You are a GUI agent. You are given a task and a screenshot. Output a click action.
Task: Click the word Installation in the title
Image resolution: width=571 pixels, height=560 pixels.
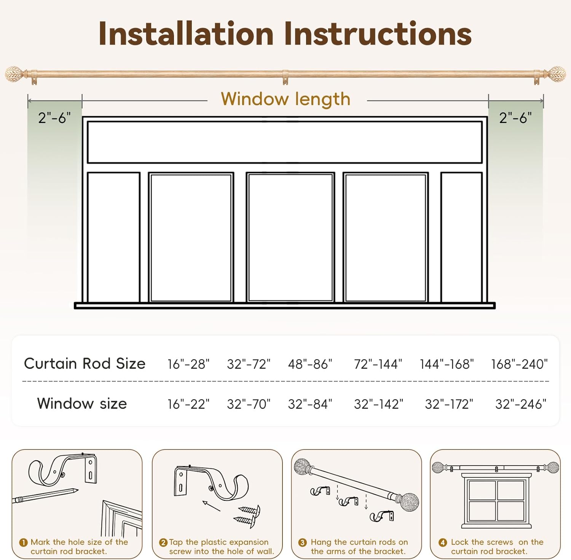186,34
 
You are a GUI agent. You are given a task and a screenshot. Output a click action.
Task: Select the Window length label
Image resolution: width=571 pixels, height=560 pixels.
285,99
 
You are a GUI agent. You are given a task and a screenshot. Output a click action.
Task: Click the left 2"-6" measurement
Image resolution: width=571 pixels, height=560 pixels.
54,118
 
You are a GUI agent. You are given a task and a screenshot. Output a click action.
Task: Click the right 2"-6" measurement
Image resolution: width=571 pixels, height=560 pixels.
515,118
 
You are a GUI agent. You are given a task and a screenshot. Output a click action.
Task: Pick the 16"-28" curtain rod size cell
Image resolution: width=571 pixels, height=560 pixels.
188,364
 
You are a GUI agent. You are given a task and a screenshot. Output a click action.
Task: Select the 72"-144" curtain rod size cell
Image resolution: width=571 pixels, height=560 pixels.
378,364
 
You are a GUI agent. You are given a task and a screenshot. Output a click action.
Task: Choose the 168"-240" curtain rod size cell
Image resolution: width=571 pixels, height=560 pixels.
519,364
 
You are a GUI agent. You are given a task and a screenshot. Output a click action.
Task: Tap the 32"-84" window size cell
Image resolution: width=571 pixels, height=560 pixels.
310,404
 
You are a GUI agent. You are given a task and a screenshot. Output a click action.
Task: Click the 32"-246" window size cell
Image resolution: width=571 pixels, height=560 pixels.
521,404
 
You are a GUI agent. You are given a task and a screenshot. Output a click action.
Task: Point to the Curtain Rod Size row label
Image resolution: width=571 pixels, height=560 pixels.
85,364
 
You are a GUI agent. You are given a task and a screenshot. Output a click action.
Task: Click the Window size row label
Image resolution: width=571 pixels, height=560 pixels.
82,403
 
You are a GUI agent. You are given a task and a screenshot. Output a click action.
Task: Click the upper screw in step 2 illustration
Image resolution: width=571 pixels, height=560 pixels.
249,509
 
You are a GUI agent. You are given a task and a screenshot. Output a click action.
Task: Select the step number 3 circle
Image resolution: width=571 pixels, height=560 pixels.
303,542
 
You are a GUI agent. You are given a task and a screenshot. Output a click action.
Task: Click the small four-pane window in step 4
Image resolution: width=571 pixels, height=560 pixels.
496,501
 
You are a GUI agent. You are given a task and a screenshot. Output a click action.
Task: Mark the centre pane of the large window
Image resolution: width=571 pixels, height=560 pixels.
290,237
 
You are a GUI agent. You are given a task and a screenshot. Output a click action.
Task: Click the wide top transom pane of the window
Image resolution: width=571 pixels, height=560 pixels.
285,142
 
